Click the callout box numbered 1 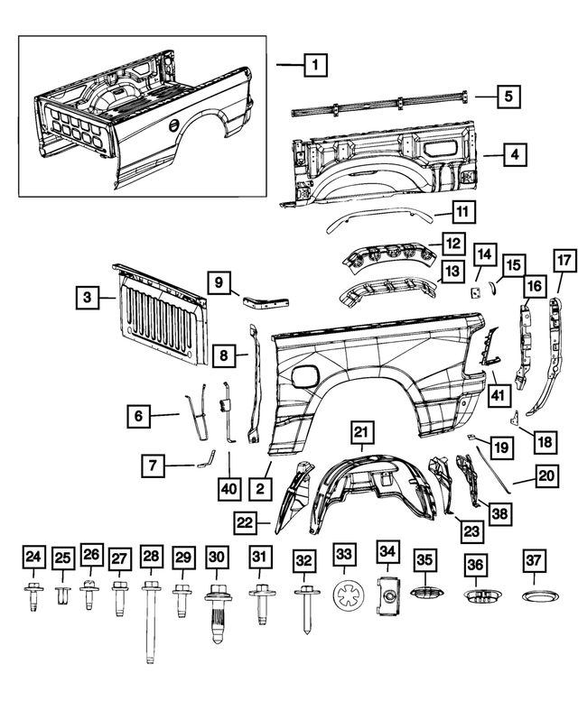click(314, 65)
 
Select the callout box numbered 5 click(508, 95)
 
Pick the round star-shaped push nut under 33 click(345, 596)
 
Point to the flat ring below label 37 click(533, 597)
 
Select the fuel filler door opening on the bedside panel click(305, 374)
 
